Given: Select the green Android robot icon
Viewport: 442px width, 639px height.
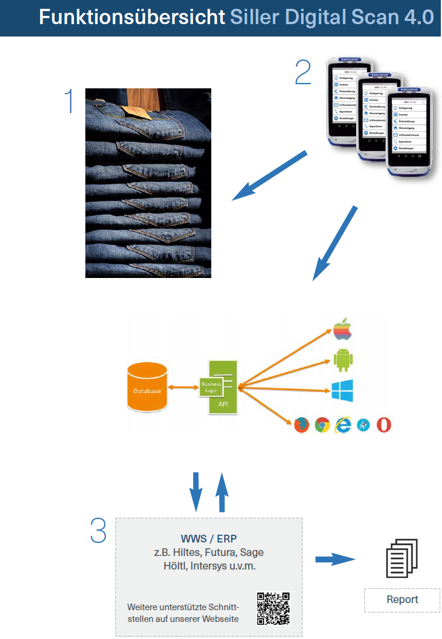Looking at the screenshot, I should pos(343,360).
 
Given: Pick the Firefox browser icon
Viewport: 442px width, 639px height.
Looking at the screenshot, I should pos(301,425).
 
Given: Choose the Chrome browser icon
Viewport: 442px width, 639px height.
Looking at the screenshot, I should pos(322,425).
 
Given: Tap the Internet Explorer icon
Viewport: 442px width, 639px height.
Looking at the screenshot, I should pos(342,425).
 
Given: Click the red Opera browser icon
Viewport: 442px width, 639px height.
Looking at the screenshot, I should pos(384,425).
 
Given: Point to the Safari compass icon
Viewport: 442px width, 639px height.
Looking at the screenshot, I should pos(363,425).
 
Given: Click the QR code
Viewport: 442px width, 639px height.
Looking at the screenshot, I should pos(274,608).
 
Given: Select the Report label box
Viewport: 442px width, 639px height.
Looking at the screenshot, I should pos(402,600).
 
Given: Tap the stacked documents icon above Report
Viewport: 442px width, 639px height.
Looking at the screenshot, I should pos(401,558).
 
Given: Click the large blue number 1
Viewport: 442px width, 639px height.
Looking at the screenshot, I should pos(69,101).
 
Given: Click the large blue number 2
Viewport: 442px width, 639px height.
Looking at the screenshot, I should pos(303,72).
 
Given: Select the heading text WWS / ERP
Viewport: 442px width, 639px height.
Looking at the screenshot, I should pos(208,539).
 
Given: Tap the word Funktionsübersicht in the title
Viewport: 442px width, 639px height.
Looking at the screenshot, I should pos(132,17).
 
